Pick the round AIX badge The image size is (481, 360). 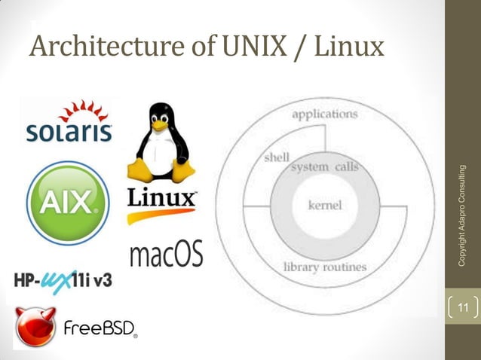point(67,202)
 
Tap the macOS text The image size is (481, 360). point(166,255)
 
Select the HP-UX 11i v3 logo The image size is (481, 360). point(63,280)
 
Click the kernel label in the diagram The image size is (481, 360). point(325,205)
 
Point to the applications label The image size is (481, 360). point(324,114)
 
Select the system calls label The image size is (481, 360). point(324,166)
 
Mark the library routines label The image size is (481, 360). point(325,267)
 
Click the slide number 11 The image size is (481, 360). point(463,307)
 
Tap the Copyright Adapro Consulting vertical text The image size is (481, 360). point(464,215)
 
